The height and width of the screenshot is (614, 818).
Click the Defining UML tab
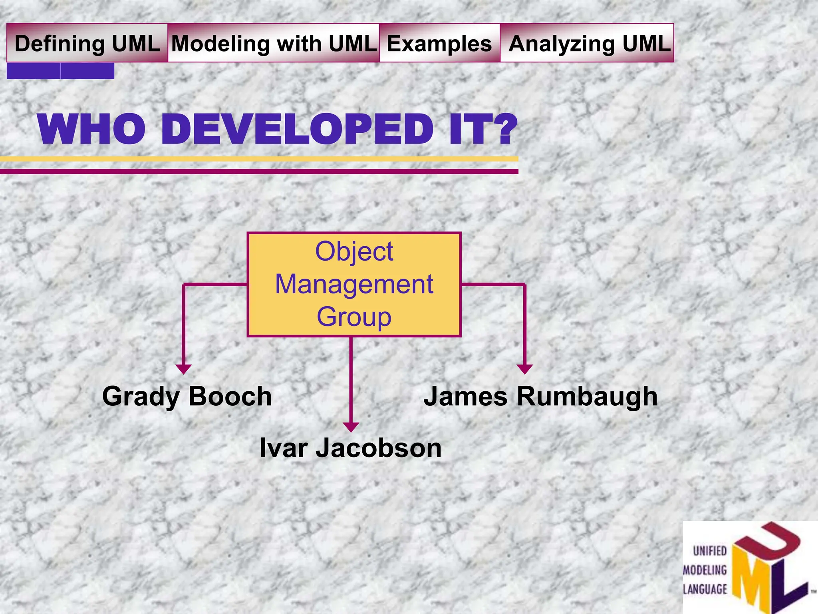(x=87, y=43)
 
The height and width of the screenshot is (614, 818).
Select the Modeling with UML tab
(x=274, y=43)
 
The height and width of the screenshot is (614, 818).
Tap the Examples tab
(x=439, y=43)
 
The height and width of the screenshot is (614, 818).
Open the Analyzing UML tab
(x=589, y=43)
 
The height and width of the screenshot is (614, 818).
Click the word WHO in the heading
(x=92, y=130)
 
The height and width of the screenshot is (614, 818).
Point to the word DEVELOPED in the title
(x=298, y=130)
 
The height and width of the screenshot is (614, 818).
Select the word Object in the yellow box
(x=354, y=252)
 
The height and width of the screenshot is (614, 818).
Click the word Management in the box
(x=354, y=285)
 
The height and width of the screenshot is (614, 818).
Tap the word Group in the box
(x=354, y=317)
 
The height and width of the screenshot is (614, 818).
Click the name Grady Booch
(x=187, y=397)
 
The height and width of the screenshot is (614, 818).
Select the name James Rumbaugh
(x=540, y=397)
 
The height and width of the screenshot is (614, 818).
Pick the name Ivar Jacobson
(x=351, y=448)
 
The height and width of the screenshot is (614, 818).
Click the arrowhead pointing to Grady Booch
(x=183, y=369)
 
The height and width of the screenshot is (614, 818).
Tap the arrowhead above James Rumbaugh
(x=524, y=369)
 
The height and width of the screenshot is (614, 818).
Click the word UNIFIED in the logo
(x=710, y=551)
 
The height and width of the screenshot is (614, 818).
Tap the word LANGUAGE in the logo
(x=705, y=589)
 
